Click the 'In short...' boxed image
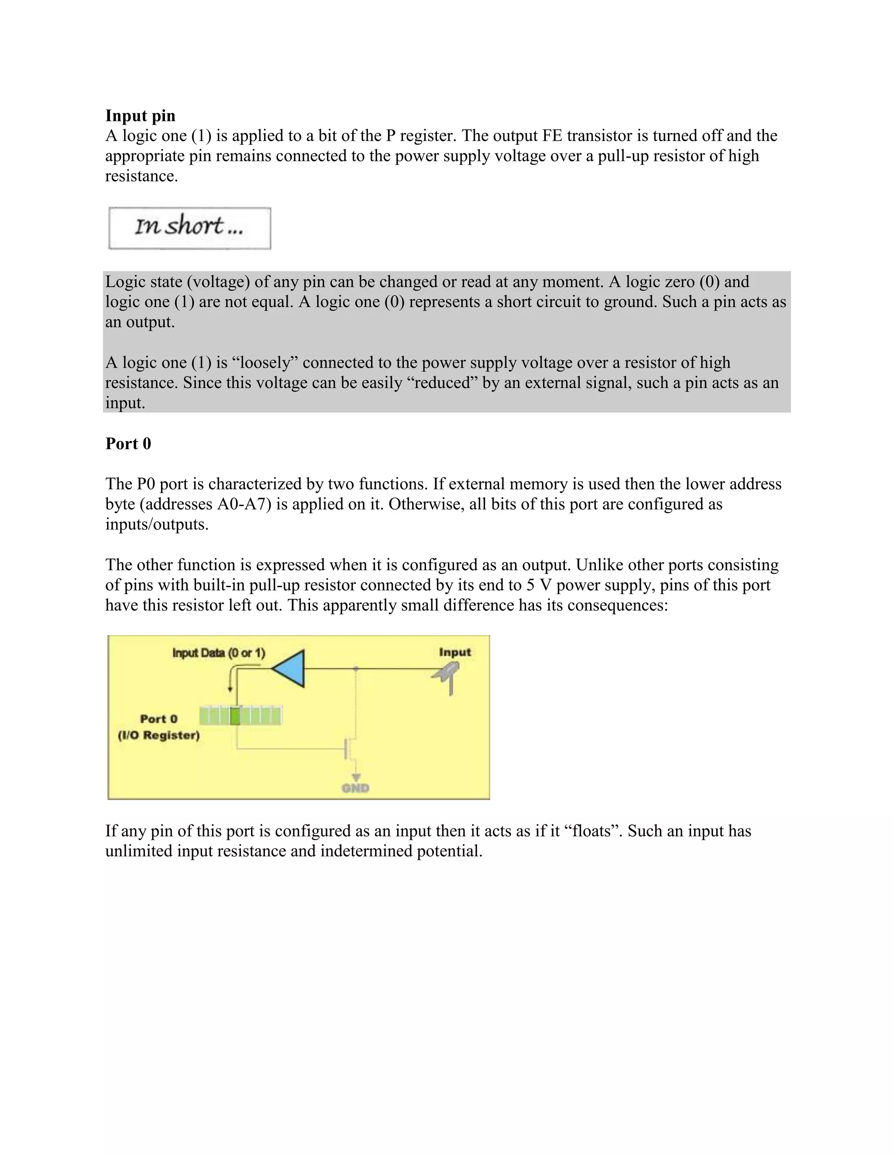[189, 228]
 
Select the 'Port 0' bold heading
[128, 443]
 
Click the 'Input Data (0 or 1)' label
[219, 653]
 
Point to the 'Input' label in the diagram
[454, 652]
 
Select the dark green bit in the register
[235, 715]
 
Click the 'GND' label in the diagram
[355, 788]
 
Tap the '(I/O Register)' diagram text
[158, 735]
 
